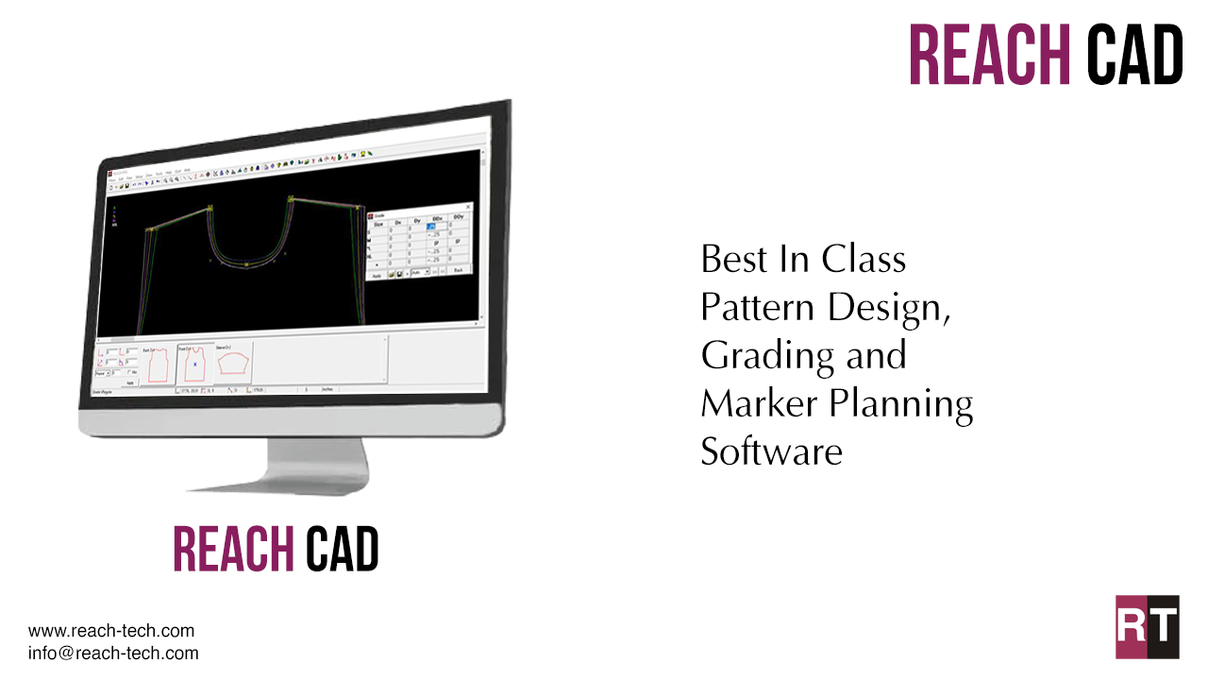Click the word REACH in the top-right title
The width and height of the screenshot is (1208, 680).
989,55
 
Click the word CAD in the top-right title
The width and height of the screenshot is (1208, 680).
1135,55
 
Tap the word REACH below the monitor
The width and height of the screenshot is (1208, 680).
233,549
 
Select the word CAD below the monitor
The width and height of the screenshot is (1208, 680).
342,549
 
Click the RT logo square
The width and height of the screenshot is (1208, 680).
1147,626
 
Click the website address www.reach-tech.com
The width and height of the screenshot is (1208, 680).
111,631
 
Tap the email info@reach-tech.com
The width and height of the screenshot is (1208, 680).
113,653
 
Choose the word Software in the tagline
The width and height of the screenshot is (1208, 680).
770,451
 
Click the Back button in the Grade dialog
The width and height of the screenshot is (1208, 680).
459,271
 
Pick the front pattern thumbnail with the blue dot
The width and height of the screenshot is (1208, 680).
194,363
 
